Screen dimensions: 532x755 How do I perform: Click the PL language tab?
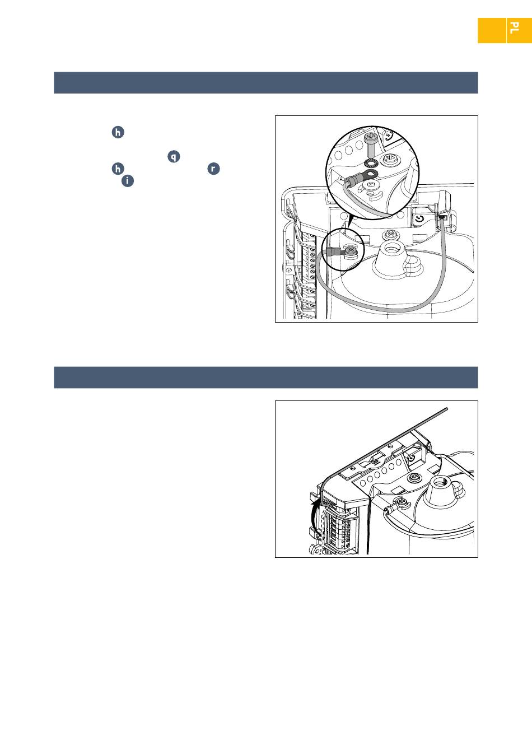[x=519, y=30]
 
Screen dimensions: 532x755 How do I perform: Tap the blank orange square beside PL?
[x=492, y=30]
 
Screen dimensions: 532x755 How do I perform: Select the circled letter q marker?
[x=174, y=156]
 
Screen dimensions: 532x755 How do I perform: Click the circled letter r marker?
[x=213, y=169]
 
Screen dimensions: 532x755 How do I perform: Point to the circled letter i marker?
[x=127, y=181]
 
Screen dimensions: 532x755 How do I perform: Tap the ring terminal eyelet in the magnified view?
[x=370, y=175]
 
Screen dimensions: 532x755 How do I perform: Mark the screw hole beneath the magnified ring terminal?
[x=371, y=185]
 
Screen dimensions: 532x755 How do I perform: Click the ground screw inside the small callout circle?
[x=350, y=250]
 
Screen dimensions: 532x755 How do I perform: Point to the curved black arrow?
[x=314, y=515]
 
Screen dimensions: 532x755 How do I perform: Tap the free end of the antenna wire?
[x=447, y=409]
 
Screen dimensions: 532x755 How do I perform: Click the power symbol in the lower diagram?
[x=412, y=458]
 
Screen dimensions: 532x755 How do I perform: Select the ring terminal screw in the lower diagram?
[x=400, y=504]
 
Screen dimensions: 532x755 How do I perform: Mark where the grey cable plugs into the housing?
[x=441, y=217]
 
